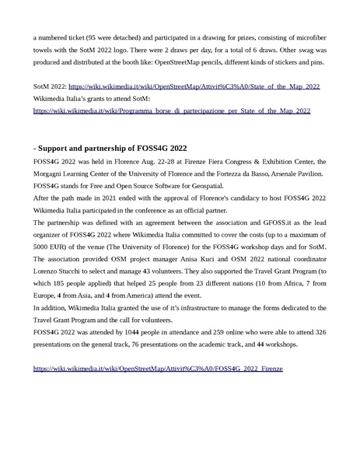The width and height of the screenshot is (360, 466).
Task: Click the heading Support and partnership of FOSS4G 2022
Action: click(x=109, y=146)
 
